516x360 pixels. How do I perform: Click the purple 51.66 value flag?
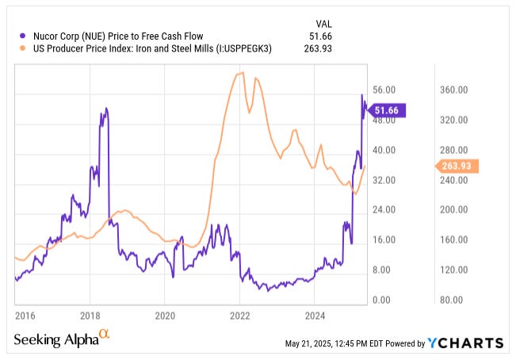click(x=390, y=111)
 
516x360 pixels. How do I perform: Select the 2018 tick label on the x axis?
click(x=90, y=314)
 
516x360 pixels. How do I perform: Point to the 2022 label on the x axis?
click(x=239, y=314)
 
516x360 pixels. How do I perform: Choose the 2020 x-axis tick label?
click(x=165, y=314)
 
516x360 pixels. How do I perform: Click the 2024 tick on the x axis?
click(x=314, y=314)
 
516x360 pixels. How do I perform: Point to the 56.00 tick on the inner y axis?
click(x=384, y=90)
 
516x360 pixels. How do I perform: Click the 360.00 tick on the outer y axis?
click(x=449, y=90)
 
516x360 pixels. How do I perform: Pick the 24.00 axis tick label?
click(x=384, y=210)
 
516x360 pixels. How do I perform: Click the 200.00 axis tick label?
click(x=449, y=210)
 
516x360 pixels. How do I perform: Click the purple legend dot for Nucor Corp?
click(x=23, y=36)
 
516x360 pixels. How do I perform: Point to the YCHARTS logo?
click(x=465, y=343)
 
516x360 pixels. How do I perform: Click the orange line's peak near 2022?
click(x=238, y=74)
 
